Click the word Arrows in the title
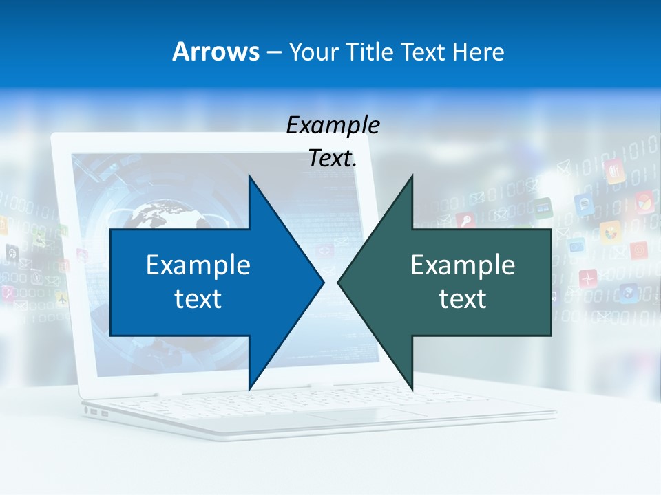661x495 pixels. (x=216, y=52)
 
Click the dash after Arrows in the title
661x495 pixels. (x=273, y=52)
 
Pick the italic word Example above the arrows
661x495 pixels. (x=333, y=125)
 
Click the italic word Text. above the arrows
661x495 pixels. (x=333, y=158)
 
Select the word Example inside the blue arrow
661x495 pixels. (x=198, y=265)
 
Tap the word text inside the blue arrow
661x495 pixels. (x=198, y=298)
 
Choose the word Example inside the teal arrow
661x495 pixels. (x=463, y=265)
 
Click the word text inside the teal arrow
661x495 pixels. (x=463, y=298)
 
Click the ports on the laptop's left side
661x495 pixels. (x=94, y=412)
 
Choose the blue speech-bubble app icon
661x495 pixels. (x=584, y=203)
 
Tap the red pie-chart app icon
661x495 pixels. (x=643, y=202)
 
